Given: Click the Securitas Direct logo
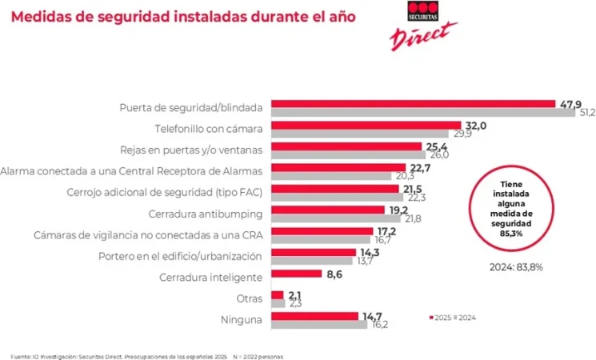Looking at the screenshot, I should click(422, 24).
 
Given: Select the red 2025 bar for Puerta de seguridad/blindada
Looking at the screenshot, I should click(413, 104).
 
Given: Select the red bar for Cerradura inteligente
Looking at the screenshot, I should click(296, 274).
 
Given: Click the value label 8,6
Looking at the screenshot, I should click(334, 274).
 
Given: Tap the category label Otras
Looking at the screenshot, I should click(248, 298).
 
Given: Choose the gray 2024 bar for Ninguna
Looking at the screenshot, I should click(319, 324).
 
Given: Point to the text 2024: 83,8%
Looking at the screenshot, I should click(516, 266).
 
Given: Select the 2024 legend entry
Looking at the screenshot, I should click(466, 318).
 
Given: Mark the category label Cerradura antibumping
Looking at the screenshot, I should click(206, 214).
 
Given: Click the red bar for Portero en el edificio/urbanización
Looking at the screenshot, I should click(314, 252).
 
